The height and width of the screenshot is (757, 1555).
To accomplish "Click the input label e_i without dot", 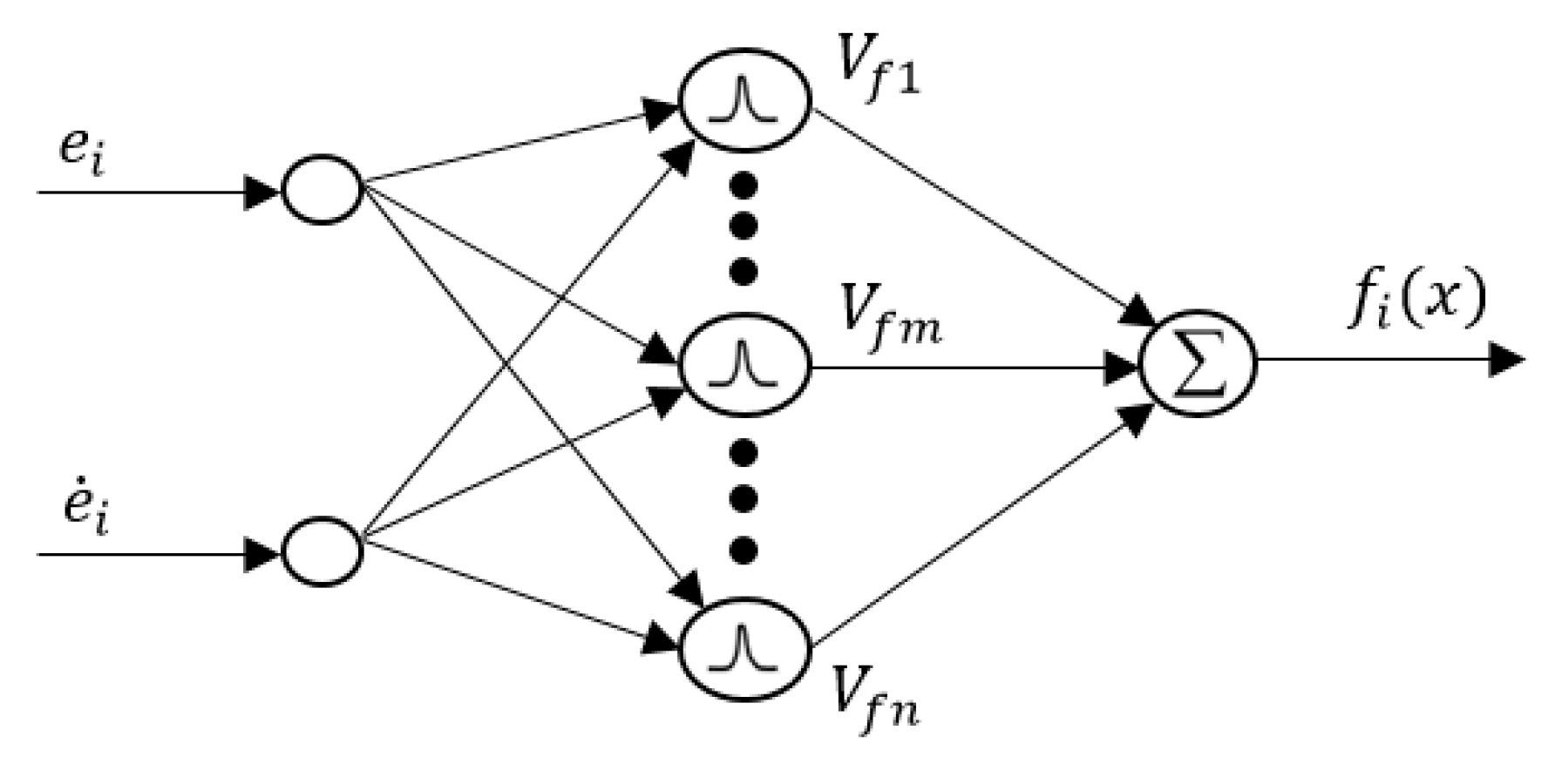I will pyautogui.click(x=81, y=155).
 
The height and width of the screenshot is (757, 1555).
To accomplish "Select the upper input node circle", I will pyautogui.click(x=321, y=191).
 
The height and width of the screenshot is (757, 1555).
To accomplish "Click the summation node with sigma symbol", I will pyautogui.click(x=1199, y=364).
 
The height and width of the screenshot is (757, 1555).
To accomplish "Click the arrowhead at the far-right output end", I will pyautogui.click(x=1505, y=360).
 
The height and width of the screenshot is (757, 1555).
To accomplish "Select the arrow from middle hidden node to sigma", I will pyautogui.click(x=968, y=365).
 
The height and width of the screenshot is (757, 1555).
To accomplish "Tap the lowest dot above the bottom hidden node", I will pyautogui.click(x=743, y=550).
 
